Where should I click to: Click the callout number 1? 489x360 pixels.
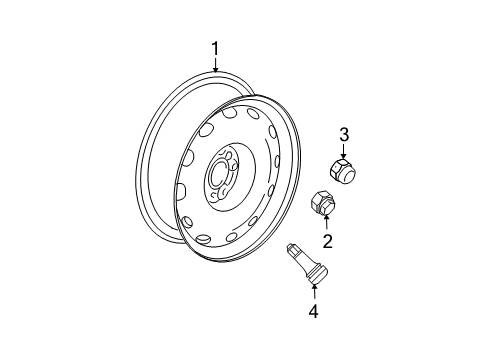pyautogui.click(x=215, y=48)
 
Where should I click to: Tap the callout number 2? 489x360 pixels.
pyautogui.click(x=326, y=240)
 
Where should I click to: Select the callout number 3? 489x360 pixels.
pyautogui.click(x=343, y=134)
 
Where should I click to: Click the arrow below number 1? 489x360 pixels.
pyautogui.click(x=215, y=64)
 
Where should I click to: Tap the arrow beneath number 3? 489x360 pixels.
pyautogui.click(x=343, y=150)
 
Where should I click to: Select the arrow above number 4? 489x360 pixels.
pyautogui.click(x=314, y=293)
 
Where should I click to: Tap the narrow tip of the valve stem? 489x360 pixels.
pyautogui.click(x=291, y=250)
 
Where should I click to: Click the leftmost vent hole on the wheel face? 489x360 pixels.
pyautogui.click(x=180, y=190)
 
